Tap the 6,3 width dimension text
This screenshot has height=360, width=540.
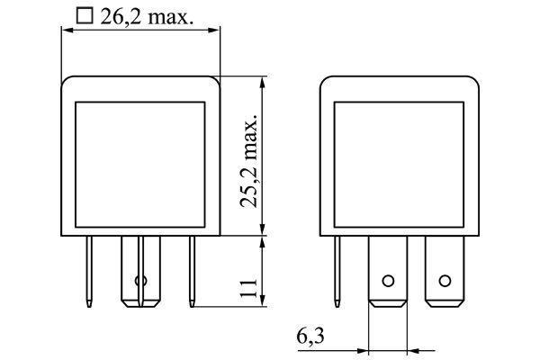309,337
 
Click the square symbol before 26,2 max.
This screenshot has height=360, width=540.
85,16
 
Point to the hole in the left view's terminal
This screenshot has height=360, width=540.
139,281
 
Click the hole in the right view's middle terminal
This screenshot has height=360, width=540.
389,281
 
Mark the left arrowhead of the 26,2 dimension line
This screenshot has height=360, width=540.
65,29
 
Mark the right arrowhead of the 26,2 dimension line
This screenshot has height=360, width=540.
216,29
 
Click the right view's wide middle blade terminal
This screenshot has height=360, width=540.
389,270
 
